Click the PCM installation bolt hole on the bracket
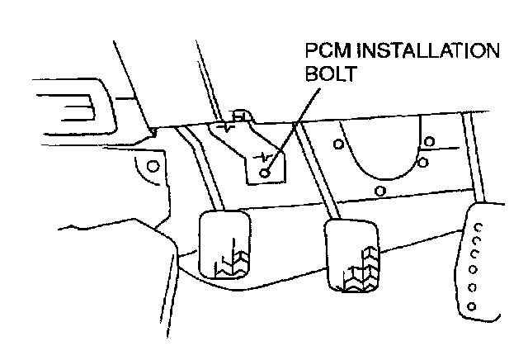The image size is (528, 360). click(264, 173)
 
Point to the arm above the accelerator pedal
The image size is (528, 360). click(471, 157)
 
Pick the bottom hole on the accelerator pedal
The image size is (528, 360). click(471, 307)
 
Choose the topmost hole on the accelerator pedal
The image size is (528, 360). click(481, 224)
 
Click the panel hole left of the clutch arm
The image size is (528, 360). click(152, 166)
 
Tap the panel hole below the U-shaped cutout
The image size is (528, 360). click(379, 192)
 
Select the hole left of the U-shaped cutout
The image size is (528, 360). click(338, 144)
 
